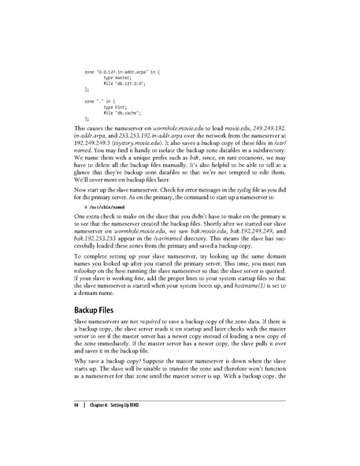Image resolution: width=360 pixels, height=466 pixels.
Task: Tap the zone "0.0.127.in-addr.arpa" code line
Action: tap(119, 72)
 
